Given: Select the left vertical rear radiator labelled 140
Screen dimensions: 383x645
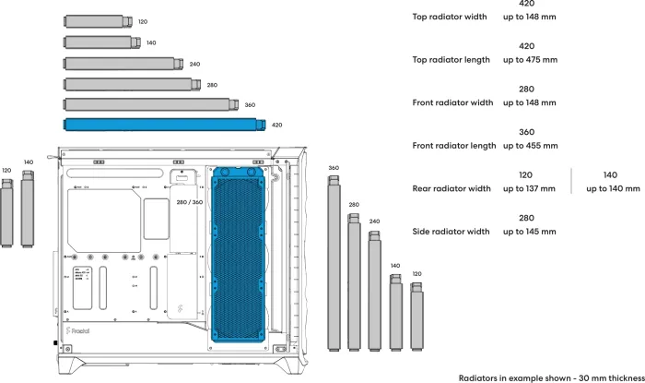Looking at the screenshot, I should click(x=28, y=209).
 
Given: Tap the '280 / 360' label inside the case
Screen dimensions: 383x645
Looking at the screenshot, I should click(x=191, y=201).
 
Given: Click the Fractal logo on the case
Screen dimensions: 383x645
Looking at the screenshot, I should click(x=82, y=328).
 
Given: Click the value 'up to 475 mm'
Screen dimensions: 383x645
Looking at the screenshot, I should click(x=530, y=60).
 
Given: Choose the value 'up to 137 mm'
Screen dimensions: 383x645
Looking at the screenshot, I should click(x=529, y=189).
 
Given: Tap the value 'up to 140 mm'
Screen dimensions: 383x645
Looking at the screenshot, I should click(x=613, y=189).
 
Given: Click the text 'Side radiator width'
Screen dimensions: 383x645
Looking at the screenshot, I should click(x=451, y=232).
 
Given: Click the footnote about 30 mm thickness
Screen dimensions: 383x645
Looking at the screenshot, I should click(x=550, y=377).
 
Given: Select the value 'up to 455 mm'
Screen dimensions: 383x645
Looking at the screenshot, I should click(x=530, y=146).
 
